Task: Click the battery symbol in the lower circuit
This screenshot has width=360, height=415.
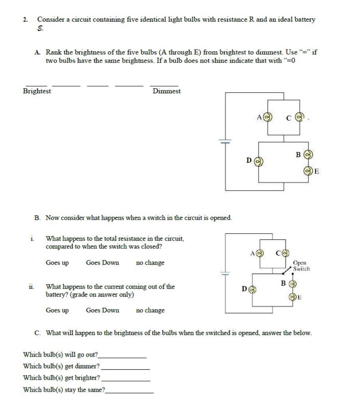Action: [x=226, y=272]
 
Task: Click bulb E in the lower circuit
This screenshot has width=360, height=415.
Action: [x=293, y=297]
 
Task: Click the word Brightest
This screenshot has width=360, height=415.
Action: [x=37, y=91]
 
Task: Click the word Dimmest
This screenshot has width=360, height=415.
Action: [x=167, y=91]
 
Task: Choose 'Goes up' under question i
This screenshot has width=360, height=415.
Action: [x=57, y=263]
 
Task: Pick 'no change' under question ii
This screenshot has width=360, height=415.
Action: [x=150, y=310]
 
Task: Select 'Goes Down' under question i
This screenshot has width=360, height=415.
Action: [x=102, y=263]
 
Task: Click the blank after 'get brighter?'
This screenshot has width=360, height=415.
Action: [x=126, y=380]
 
